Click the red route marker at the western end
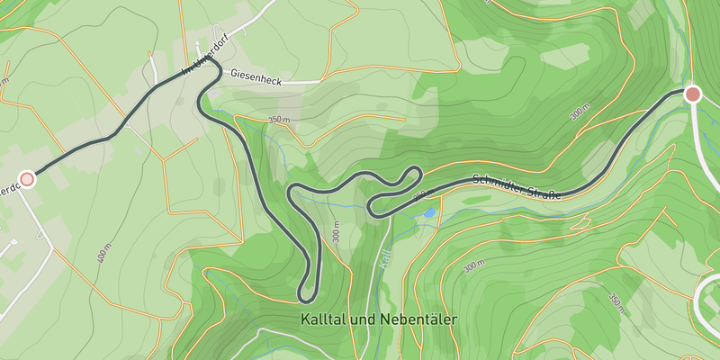(27, 179)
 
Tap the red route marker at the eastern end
(692, 94)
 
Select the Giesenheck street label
(256, 78)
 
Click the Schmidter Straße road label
(517, 184)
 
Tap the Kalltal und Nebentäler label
(379, 319)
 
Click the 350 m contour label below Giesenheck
(281, 120)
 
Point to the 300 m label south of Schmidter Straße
(474, 267)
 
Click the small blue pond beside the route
(429, 213)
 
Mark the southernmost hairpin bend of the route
(306, 296)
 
